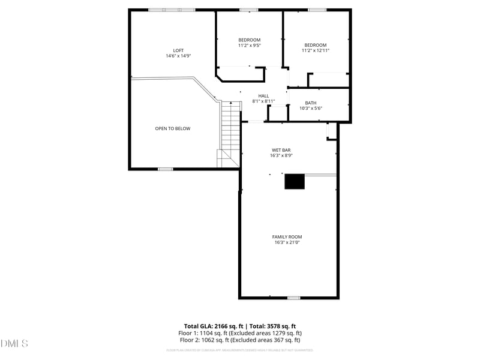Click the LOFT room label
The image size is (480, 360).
(x=178, y=50)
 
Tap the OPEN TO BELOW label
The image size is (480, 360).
(x=173, y=128)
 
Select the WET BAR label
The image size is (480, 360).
(x=281, y=149)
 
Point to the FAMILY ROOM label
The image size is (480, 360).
(x=287, y=236)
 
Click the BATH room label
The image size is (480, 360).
(x=311, y=103)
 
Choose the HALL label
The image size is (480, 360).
(x=263, y=96)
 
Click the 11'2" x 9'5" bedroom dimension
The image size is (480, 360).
(x=250, y=45)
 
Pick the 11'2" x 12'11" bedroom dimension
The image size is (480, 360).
(x=316, y=50)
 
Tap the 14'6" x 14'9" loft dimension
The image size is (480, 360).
(x=178, y=56)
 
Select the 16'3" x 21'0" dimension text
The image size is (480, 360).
(x=287, y=242)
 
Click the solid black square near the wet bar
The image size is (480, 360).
(x=294, y=181)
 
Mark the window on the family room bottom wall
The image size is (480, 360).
(x=293, y=298)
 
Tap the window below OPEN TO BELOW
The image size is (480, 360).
(x=166, y=169)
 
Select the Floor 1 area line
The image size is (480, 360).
(x=240, y=333)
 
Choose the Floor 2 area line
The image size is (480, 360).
(x=240, y=340)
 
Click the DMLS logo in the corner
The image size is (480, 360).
(x=14, y=344)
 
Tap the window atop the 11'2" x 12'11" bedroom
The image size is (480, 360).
(x=317, y=10)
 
